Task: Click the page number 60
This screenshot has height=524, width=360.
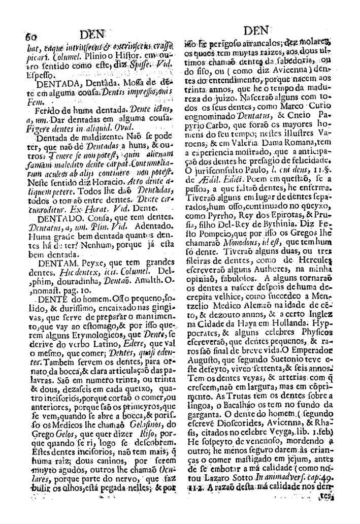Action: pos(31,37)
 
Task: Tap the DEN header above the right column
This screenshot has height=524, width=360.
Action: pos(260,31)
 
